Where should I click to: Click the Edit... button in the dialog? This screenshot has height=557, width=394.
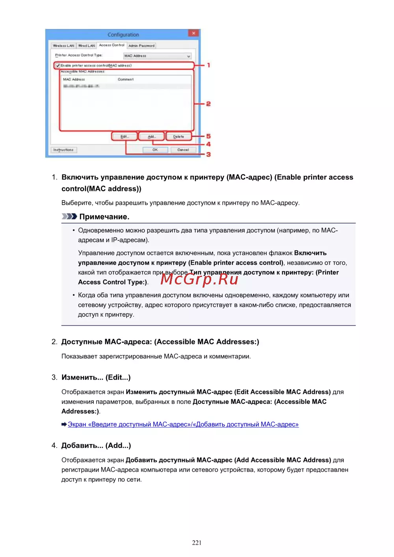125,137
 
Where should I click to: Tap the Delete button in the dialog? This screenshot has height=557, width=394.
178,137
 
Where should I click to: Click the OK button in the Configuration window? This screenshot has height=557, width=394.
155,150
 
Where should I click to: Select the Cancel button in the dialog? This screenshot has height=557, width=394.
183,150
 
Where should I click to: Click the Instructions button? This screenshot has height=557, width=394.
63,150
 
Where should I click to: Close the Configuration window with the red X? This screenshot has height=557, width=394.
193,33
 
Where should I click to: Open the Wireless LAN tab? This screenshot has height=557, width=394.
63,46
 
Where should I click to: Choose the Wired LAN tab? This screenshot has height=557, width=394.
87,46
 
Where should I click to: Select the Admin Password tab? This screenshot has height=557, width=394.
141,46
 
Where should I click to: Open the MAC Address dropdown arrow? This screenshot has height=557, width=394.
188,56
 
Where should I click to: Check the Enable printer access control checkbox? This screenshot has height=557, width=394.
58,65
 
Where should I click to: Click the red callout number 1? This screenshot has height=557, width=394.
208,65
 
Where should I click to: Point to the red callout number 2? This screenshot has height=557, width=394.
208,104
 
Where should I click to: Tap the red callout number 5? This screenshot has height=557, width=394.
208,136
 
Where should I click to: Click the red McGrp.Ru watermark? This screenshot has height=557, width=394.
199,279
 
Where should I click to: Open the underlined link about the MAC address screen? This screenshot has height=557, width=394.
183,424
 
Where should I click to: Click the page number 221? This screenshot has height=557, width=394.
197,542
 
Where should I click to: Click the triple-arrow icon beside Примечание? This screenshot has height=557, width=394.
69,217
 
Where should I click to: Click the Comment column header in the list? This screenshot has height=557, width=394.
126,80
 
